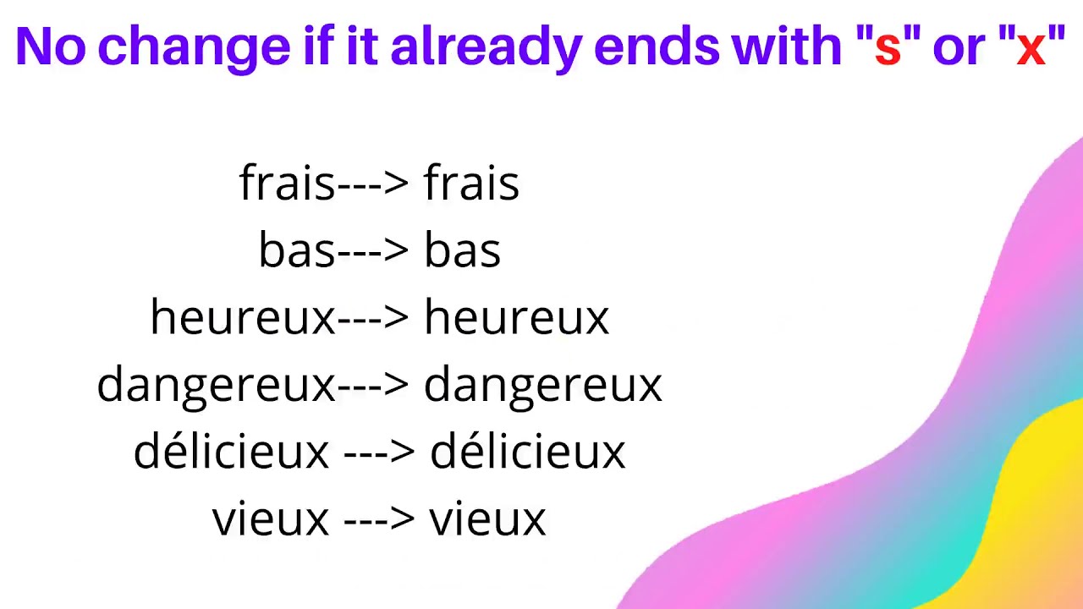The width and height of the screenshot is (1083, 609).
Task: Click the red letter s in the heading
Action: (888, 49)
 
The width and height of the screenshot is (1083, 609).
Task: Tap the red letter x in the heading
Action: (1031, 49)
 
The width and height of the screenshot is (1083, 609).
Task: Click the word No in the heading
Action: (51, 47)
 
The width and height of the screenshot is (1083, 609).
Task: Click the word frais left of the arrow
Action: (288, 183)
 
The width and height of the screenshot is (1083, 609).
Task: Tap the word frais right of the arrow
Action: (471, 183)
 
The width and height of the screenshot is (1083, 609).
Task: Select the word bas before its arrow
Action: (297, 250)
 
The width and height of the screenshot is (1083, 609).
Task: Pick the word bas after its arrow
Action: (462, 250)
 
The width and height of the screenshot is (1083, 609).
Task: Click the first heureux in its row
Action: (243, 318)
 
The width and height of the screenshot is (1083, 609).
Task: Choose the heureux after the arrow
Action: (516, 318)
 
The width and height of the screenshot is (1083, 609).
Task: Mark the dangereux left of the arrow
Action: (217, 386)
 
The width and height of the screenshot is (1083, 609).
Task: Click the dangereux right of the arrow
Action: (542, 386)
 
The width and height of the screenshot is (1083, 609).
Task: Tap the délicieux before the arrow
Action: (231, 452)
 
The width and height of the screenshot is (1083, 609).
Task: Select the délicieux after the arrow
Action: (527, 452)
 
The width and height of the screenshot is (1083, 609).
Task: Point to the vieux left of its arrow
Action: (270, 518)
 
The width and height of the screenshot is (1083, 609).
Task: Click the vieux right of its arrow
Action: (487, 518)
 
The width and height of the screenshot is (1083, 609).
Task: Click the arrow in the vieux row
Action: (379, 518)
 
